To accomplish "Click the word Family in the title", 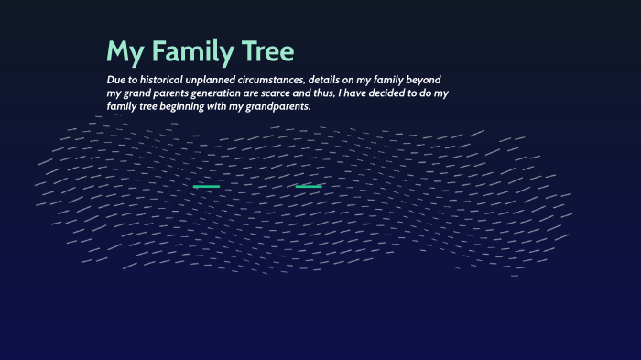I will [192, 51].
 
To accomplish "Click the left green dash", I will [206, 187].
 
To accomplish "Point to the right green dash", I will [309, 187].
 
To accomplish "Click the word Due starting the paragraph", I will [116, 80].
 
